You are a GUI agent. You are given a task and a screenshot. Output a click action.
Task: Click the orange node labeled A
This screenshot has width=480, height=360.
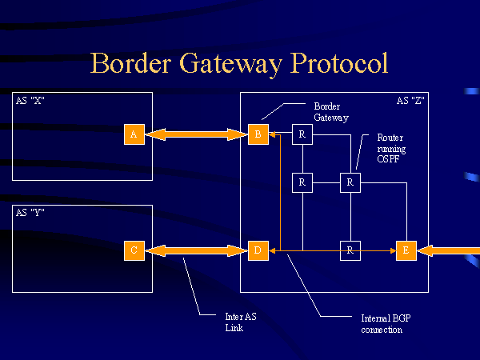134,134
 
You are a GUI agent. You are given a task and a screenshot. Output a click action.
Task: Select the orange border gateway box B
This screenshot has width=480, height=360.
258,134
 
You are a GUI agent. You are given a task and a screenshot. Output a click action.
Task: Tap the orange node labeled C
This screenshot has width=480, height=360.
134,250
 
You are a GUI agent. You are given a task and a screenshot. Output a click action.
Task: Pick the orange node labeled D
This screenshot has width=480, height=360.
258,250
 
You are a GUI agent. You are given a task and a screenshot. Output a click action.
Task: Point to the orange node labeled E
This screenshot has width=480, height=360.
406,250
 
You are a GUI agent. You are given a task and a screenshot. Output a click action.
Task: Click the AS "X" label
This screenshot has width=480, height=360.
30,101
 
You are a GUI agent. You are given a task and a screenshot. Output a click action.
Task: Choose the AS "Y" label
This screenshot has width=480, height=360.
30,212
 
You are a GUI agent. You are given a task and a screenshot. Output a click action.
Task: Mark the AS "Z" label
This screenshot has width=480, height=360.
410,101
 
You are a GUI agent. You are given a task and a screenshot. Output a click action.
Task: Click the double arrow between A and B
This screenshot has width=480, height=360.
195,134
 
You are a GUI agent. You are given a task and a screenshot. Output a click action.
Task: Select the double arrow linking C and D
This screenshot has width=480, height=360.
195,251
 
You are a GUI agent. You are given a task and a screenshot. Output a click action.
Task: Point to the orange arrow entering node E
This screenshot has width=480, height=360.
448,251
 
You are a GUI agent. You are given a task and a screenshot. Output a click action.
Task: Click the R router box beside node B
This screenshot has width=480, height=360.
302,134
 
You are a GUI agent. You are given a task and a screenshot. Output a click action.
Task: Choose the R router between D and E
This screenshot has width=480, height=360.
350,250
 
